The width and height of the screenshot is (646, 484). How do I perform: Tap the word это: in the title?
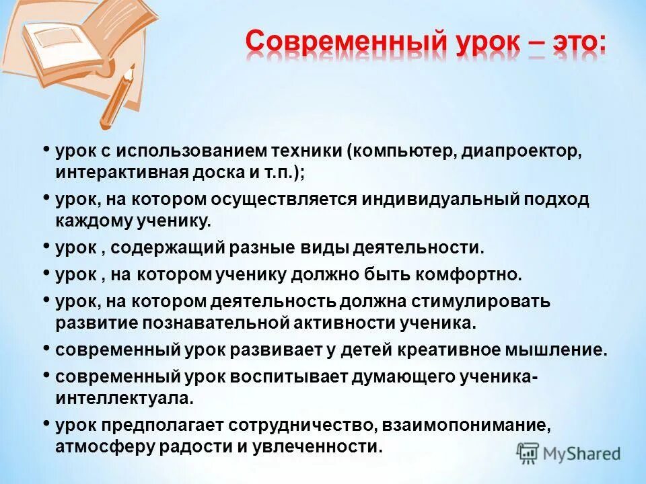click(573, 43)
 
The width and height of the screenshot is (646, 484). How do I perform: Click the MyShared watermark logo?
click(569, 454)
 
